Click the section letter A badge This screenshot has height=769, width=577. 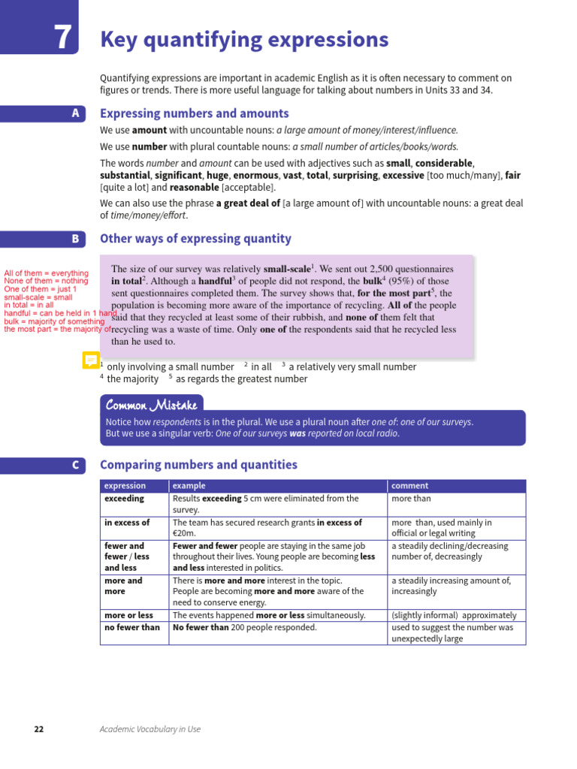point(74,113)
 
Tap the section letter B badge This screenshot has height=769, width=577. point(74,239)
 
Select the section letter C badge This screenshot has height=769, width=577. point(74,465)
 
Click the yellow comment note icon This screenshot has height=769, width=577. point(90,360)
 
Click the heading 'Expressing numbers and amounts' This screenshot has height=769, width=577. point(194,113)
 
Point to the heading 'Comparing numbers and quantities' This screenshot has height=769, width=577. point(198,465)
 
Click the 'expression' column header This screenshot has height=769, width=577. point(125,486)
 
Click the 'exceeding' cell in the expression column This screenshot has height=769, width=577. point(125,498)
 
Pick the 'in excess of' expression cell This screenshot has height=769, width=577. point(127,522)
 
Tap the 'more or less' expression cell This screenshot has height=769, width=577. point(128,615)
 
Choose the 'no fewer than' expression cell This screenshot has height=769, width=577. point(132,627)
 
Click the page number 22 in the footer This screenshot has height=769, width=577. point(40,728)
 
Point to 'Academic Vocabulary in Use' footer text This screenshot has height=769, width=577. point(150,728)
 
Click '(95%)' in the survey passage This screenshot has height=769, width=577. point(402,281)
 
